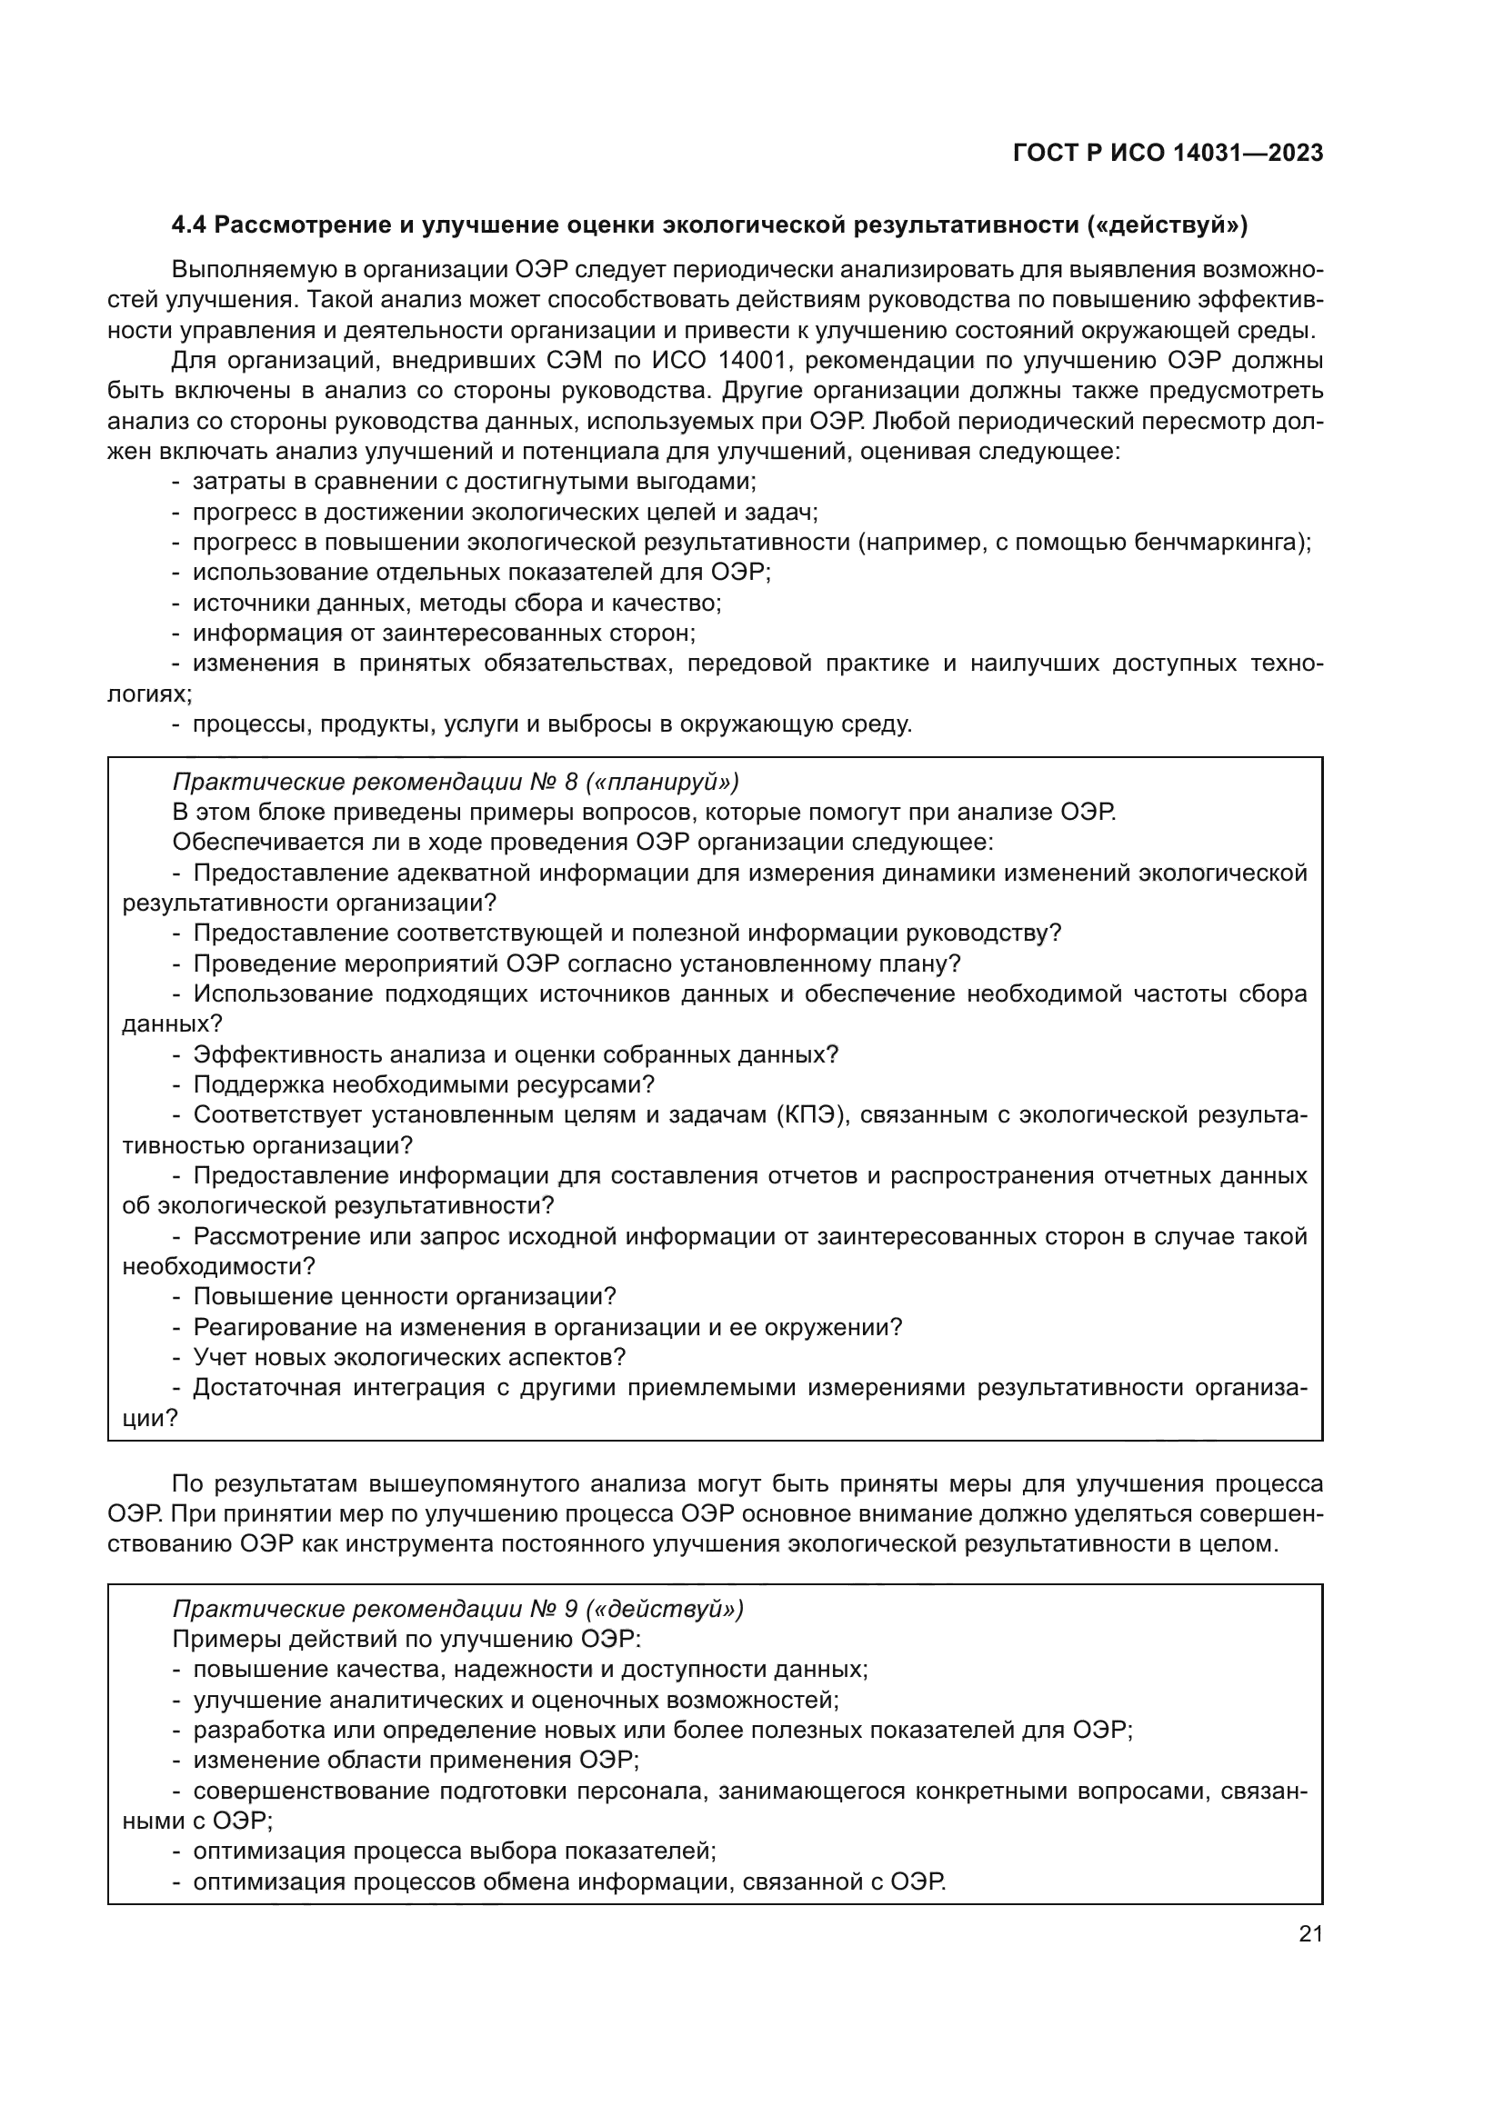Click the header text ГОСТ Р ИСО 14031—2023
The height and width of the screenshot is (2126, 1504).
(x=1168, y=154)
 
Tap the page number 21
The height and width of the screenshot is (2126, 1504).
(x=1310, y=1933)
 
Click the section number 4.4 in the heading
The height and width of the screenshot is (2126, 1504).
(x=191, y=225)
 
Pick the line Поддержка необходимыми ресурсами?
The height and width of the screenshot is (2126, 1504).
(x=423, y=1084)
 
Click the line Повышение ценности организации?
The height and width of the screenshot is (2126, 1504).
(x=405, y=1296)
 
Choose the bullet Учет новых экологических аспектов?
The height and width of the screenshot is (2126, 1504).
(x=409, y=1357)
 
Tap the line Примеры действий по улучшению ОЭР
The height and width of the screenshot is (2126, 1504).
(x=406, y=1639)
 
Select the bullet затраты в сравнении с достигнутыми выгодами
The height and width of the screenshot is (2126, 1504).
(x=474, y=482)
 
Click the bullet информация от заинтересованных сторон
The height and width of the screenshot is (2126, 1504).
(x=444, y=634)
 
